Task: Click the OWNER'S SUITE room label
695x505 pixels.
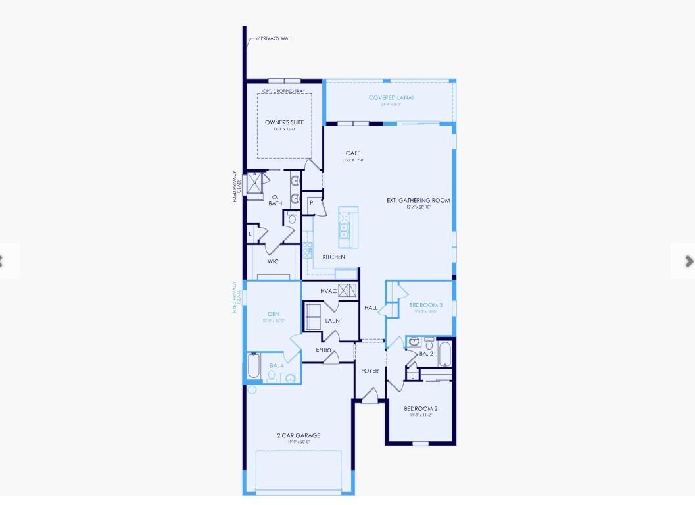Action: click(284, 122)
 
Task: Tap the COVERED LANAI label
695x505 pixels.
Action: click(391, 98)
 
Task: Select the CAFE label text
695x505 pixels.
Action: click(352, 153)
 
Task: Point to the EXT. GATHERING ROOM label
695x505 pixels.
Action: click(418, 200)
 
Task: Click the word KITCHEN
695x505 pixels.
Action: click(333, 257)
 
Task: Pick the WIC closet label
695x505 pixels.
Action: click(273, 261)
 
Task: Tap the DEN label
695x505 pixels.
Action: click(274, 314)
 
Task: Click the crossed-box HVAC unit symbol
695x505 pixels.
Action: click(348, 290)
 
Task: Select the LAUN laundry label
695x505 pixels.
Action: click(332, 321)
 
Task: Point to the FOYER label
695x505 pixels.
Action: click(370, 371)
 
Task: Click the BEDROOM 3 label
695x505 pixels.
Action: click(425, 305)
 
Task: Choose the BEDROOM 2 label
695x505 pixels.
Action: click(420, 408)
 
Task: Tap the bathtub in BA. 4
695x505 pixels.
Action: click(254, 366)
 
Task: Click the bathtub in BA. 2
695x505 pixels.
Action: click(444, 354)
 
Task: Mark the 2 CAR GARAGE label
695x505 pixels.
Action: click(299, 435)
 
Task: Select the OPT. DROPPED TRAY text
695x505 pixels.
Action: click(284, 91)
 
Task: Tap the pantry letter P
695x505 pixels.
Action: click(311, 203)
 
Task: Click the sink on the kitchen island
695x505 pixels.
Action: click(343, 230)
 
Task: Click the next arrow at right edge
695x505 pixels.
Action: click(688, 261)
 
